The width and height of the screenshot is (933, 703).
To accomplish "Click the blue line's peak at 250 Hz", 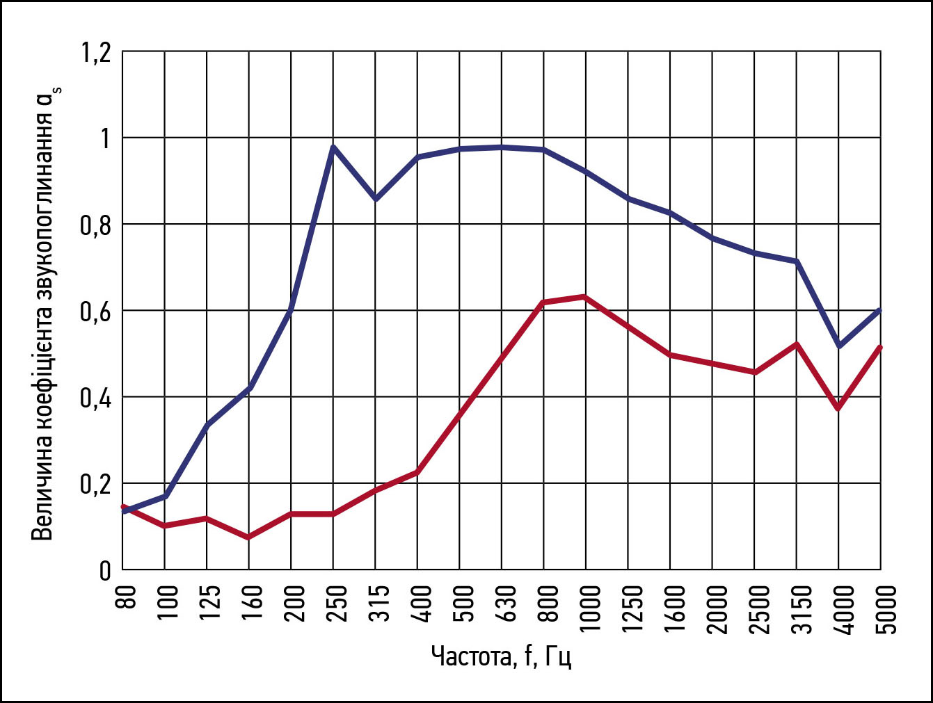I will (x=333, y=147).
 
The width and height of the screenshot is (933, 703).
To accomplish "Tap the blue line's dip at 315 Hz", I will (x=376, y=200).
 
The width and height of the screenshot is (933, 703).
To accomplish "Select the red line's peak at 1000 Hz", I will (x=586, y=297).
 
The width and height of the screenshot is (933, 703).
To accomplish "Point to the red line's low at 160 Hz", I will (x=249, y=538).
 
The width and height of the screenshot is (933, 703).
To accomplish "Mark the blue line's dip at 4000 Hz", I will (x=839, y=346).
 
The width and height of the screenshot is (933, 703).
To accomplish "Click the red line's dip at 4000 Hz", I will (x=839, y=408).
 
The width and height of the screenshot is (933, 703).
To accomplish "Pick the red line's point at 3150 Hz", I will (x=797, y=344).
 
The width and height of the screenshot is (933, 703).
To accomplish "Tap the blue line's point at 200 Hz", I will (x=291, y=310).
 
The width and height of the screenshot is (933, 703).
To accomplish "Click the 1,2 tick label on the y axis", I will (x=96, y=53).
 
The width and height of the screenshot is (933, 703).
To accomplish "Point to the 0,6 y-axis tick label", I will (x=96, y=311).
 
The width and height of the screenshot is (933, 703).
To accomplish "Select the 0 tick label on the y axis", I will (x=105, y=571).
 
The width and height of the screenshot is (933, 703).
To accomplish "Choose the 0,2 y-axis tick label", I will (x=96, y=484).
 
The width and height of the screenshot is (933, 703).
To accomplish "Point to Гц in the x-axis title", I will (x=558, y=656).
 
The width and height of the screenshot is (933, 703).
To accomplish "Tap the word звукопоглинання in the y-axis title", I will (x=43, y=208).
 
